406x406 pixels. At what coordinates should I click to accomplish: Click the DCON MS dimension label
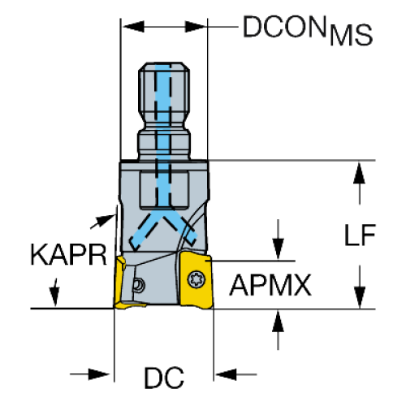click(x=308, y=30)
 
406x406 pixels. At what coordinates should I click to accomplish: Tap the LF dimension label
click(x=360, y=235)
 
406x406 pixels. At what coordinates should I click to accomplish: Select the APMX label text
click(x=270, y=285)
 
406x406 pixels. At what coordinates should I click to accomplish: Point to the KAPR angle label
click(x=69, y=255)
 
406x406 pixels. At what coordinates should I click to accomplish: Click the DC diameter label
click(x=164, y=378)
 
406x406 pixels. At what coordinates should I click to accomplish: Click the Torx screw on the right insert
click(x=197, y=279)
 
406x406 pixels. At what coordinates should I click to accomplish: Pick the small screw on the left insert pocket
click(x=139, y=285)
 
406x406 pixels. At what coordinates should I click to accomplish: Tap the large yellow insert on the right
click(x=196, y=280)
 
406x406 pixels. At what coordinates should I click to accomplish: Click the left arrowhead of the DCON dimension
click(x=134, y=27)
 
